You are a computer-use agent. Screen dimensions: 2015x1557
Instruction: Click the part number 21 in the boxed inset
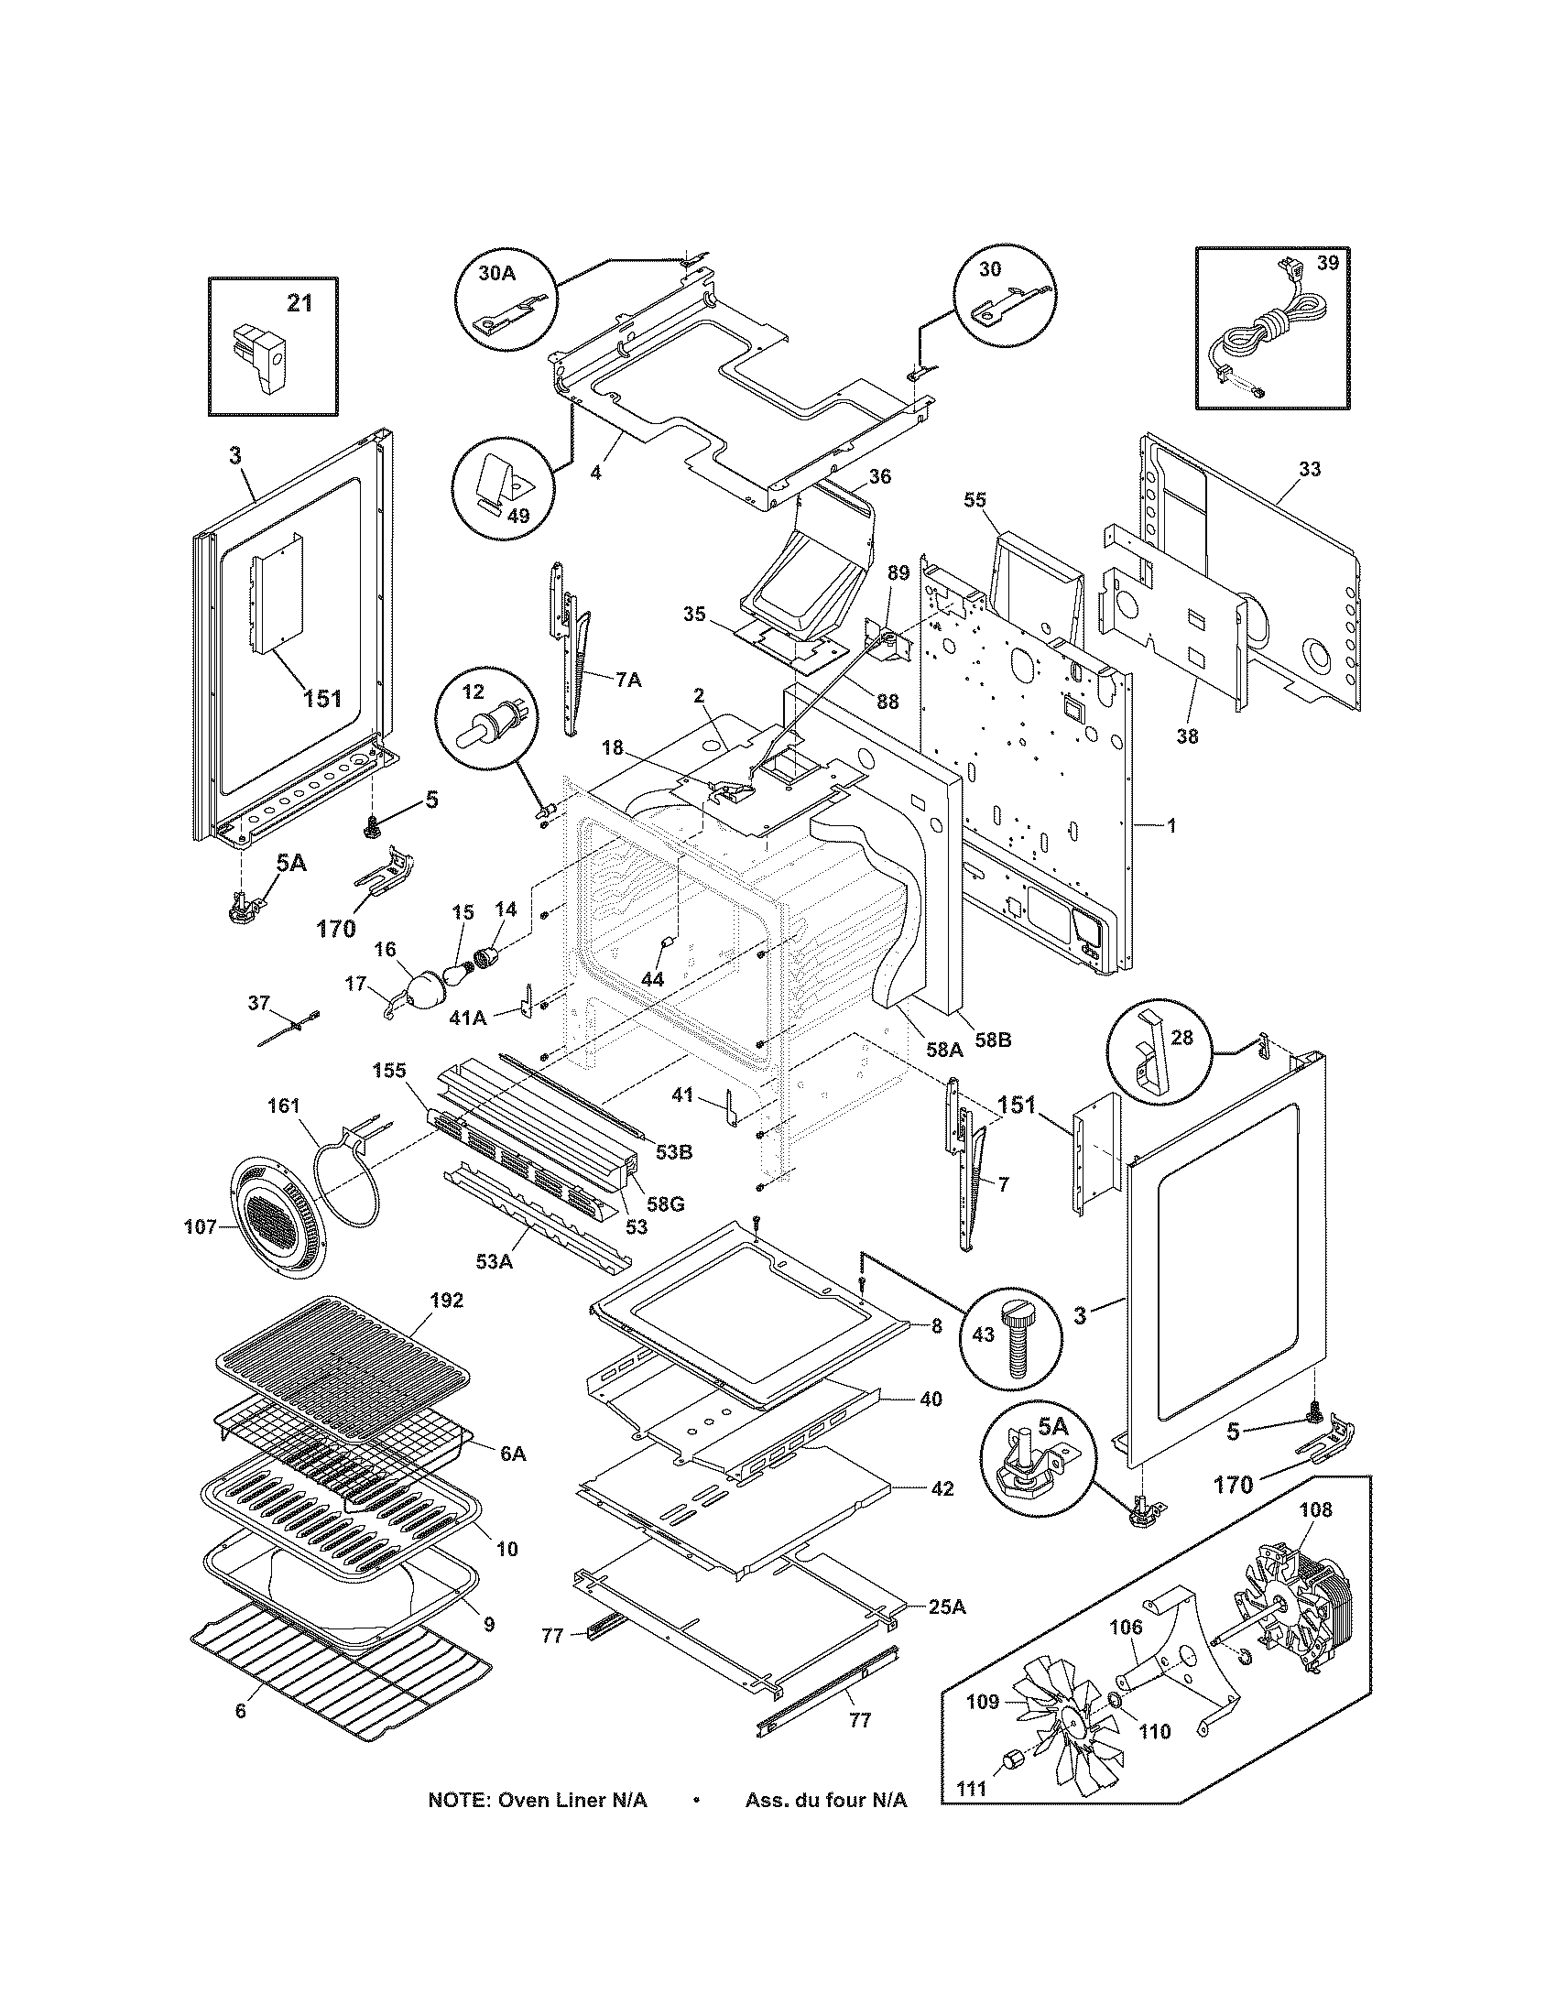[299, 302]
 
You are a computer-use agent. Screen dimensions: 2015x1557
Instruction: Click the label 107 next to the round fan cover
[201, 1226]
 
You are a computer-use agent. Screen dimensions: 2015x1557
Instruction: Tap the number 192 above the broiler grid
[445, 1300]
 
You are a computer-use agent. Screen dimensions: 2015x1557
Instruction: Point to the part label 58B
[993, 1040]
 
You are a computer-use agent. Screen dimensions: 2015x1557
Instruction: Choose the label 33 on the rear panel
[1309, 469]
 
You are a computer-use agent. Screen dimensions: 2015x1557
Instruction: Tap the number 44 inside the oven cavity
[652, 979]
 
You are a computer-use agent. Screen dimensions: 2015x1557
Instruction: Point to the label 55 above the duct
[975, 499]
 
